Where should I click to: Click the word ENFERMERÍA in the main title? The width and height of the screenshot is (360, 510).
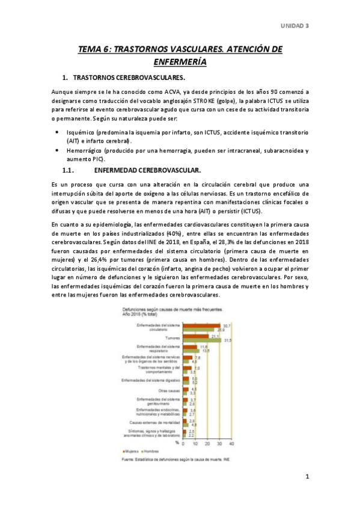pyautogui.click(x=180, y=61)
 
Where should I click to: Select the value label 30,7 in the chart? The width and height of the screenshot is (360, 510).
pyautogui.click(x=227, y=325)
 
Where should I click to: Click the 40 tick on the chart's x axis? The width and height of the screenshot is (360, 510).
pyautogui.click(x=232, y=443)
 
